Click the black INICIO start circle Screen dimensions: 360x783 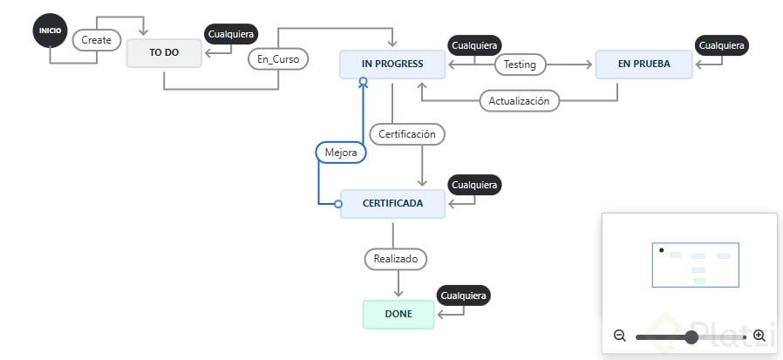(x=50, y=31)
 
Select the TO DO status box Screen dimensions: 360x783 (x=164, y=52)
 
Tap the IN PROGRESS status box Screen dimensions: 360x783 (x=392, y=65)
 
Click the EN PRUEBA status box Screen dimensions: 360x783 (x=643, y=65)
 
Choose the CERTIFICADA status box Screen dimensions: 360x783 (x=392, y=204)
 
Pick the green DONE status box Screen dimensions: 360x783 (x=398, y=314)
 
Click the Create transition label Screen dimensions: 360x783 (x=97, y=40)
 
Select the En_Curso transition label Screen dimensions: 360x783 (x=277, y=60)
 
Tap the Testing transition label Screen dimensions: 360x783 (x=521, y=65)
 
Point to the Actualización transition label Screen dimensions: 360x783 (x=519, y=101)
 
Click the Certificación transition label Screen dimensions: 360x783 (x=407, y=134)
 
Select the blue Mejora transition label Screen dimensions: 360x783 (x=341, y=152)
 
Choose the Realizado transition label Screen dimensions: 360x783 (x=396, y=258)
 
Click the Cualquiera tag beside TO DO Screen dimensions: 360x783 (x=231, y=34)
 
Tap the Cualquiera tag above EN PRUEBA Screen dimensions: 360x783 (x=723, y=45)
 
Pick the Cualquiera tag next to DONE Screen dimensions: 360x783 (x=463, y=295)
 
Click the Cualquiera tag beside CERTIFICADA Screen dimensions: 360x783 (x=473, y=185)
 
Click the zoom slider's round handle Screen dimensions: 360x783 (x=691, y=336)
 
